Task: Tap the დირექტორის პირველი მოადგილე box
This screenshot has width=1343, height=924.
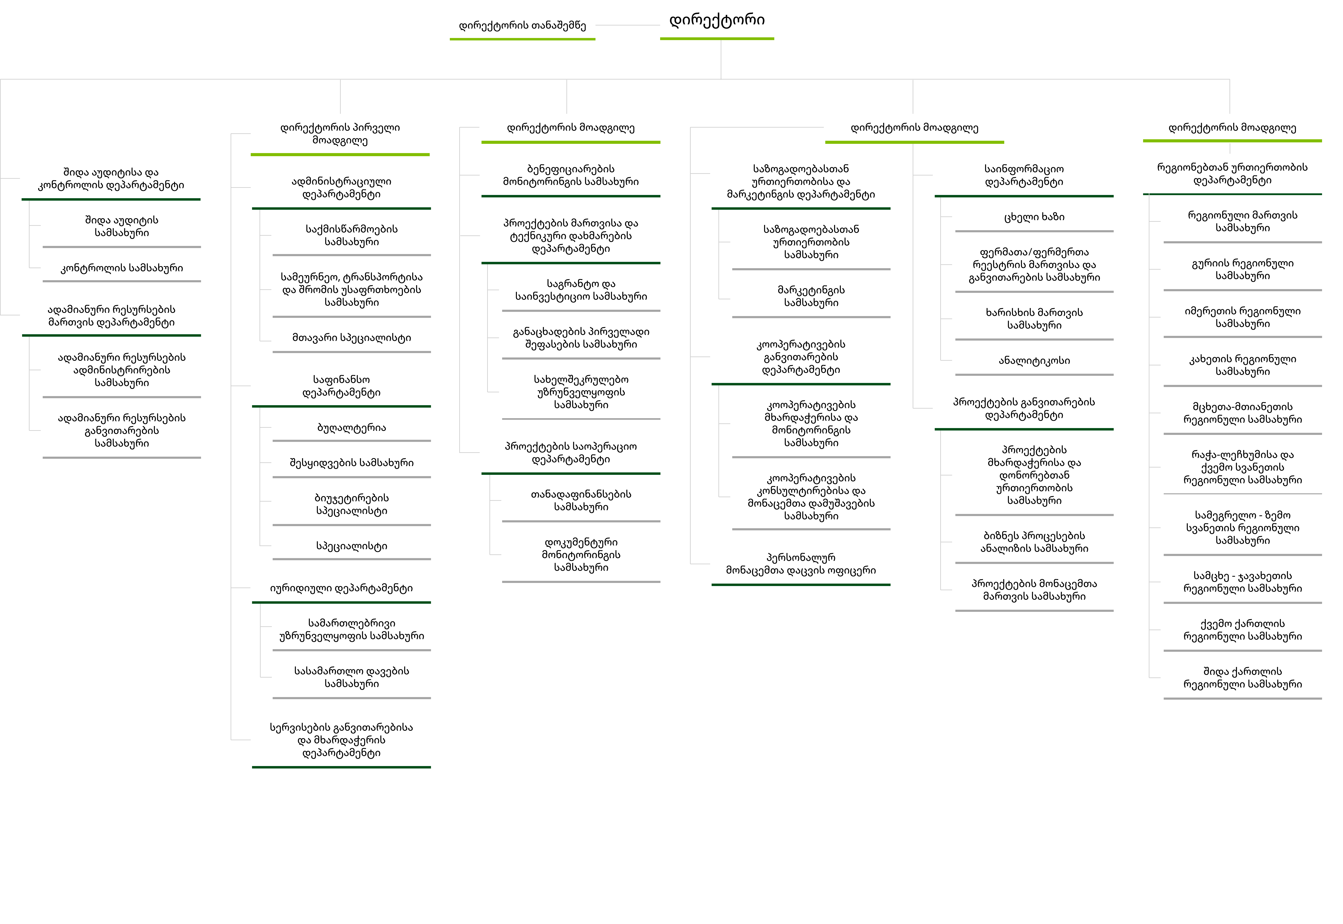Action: (x=340, y=134)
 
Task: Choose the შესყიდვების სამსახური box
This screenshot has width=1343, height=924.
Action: (x=352, y=463)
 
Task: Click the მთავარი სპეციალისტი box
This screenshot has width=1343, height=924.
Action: (x=352, y=337)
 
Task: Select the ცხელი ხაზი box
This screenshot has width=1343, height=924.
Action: (x=1034, y=217)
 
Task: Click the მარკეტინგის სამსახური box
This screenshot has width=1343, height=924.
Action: (x=811, y=296)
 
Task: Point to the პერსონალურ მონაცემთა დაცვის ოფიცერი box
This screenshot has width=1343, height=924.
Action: (x=800, y=564)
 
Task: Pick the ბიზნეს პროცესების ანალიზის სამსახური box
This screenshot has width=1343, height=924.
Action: (x=1034, y=542)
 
